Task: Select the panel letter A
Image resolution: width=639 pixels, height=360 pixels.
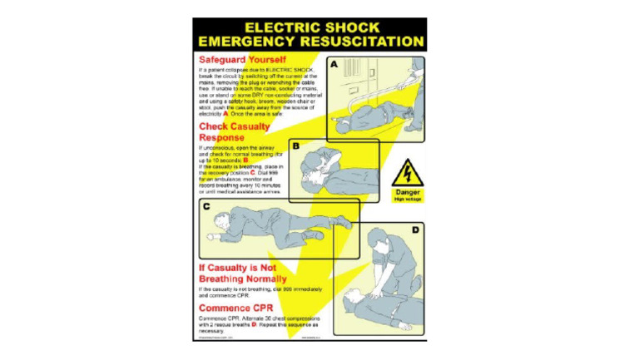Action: click(x=334, y=64)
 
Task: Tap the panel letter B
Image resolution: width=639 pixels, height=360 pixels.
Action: click(x=295, y=145)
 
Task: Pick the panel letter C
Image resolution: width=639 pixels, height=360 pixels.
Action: click(x=206, y=207)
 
